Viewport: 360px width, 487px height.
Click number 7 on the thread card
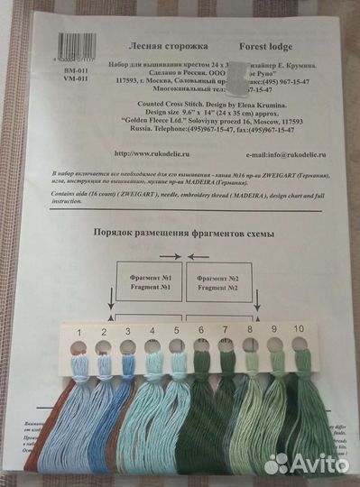click(225, 332)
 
